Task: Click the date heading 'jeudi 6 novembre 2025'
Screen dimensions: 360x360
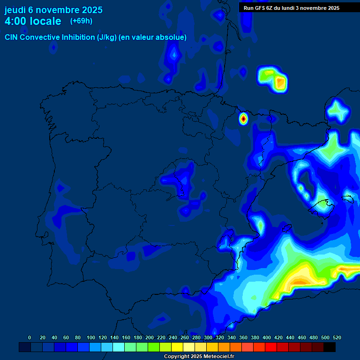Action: pos(53,10)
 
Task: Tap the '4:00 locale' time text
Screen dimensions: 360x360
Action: pos(33,21)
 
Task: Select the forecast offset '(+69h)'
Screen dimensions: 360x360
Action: pos(81,21)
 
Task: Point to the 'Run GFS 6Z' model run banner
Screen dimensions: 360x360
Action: pos(292,7)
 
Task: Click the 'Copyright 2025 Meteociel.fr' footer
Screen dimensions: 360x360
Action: pos(199,356)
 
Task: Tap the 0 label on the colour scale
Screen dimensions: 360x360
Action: pos(30,337)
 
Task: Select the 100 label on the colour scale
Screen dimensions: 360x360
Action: pos(91,337)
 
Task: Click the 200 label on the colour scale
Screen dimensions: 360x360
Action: pos(150,337)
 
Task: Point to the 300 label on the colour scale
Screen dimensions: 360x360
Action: pos(208,337)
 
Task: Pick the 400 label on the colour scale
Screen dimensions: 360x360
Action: pos(267,337)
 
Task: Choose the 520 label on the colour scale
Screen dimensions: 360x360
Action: pos(337,337)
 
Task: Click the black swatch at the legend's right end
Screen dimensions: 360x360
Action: pos(330,347)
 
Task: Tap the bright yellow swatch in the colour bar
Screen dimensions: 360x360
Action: pos(177,347)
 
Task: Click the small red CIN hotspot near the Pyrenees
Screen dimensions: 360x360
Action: pos(243,119)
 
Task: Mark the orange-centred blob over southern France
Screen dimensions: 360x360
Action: pos(280,82)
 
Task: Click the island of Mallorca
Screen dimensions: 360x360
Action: pos(322,206)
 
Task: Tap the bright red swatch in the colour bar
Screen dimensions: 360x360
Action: pos(271,347)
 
